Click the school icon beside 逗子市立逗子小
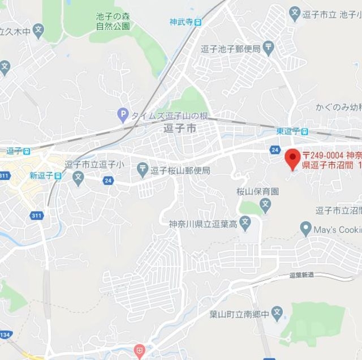click(x=78, y=177)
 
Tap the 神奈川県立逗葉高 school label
click(x=203, y=223)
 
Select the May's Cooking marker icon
click(x=307, y=229)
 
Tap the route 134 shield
click(x=5, y=335)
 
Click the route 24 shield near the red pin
click(x=275, y=149)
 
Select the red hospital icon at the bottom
click(x=139, y=349)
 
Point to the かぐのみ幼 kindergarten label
click(x=338, y=106)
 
